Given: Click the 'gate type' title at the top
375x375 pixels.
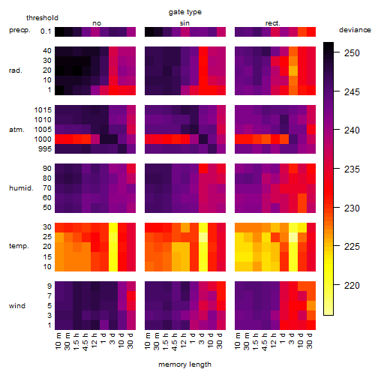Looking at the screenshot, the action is pyautogui.click(x=185, y=12).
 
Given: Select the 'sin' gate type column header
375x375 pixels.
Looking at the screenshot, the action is pyautogui.click(x=184, y=23).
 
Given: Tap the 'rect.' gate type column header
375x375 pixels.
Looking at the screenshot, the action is pyautogui.click(x=272, y=23).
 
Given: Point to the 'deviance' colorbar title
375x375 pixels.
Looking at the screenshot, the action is pyautogui.click(x=355, y=30).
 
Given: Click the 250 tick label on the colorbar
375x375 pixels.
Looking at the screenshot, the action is pyautogui.click(x=352, y=53).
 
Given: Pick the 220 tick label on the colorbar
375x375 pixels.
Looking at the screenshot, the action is pyautogui.click(x=352, y=285).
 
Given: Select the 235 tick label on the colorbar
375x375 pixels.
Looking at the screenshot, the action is pyautogui.click(x=352, y=169).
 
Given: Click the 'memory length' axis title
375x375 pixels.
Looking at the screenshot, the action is pyautogui.click(x=185, y=364).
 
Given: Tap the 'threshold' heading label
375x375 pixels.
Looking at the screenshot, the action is pyautogui.click(x=42, y=18).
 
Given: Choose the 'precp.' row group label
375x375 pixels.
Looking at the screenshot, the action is pyautogui.click(x=19, y=30).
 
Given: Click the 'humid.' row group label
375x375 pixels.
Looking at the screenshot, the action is pyautogui.click(x=21, y=188).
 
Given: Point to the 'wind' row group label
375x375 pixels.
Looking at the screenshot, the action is pyautogui.click(x=17, y=306).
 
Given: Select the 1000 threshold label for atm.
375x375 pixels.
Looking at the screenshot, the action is pyautogui.click(x=43, y=139).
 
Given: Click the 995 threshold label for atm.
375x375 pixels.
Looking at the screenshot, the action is pyautogui.click(x=45, y=149).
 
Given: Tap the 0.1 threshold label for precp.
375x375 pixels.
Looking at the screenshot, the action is pyautogui.click(x=46, y=31).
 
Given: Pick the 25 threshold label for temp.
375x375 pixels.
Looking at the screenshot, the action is pyautogui.click(x=47, y=236).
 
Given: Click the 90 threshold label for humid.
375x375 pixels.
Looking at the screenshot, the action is pyautogui.click(x=47, y=169).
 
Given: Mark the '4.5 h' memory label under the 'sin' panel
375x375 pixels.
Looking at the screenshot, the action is pyautogui.click(x=175, y=341).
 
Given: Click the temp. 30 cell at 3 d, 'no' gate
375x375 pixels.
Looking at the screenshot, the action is pyautogui.click(x=113, y=227).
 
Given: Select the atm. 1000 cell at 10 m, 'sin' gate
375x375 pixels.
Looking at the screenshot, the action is pyautogui.click(x=149, y=139).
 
